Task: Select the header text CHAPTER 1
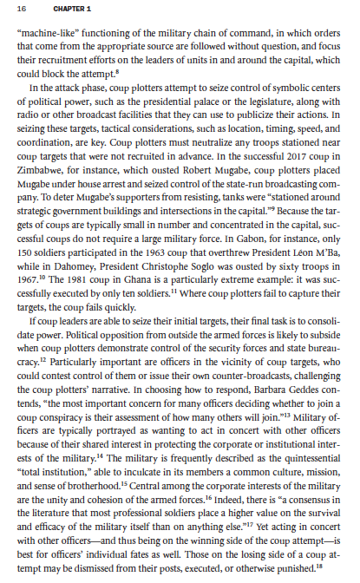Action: point(66,10)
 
